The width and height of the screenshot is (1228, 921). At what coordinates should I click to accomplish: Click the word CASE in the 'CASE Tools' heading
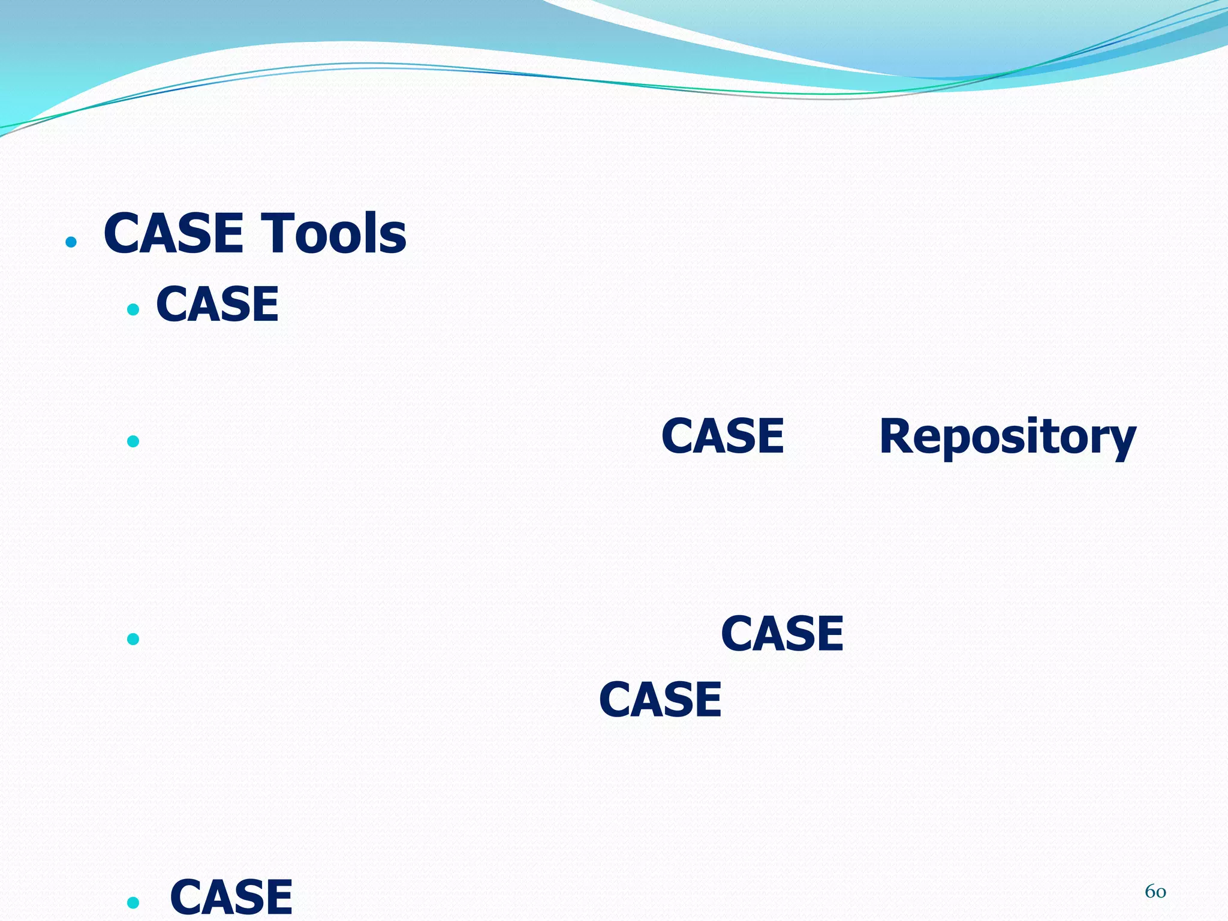(x=173, y=234)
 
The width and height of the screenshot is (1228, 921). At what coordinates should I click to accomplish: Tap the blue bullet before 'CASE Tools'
(x=71, y=242)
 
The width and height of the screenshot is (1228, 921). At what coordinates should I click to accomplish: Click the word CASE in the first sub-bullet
(x=217, y=305)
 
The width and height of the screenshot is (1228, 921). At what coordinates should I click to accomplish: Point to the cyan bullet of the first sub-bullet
(x=133, y=310)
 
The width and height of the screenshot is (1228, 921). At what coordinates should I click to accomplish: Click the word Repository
(x=1007, y=437)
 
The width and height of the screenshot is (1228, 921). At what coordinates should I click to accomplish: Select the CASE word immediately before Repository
(x=723, y=437)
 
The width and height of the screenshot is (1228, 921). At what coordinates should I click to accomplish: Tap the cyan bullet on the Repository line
(x=133, y=442)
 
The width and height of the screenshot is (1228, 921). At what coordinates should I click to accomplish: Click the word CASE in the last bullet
(x=231, y=897)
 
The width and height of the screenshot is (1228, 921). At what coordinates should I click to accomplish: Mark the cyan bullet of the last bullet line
(x=133, y=902)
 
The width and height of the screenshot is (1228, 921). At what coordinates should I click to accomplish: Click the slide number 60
(x=1155, y=892)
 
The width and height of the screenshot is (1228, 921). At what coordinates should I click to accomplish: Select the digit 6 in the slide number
(x=1150, y=892)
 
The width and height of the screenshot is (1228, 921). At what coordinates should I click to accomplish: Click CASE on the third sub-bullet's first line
(x=782, y=634)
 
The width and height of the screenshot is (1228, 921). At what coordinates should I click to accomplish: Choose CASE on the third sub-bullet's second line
(x=660, y=700)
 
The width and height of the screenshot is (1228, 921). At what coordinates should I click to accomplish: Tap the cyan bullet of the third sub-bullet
(x=133, y=639)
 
